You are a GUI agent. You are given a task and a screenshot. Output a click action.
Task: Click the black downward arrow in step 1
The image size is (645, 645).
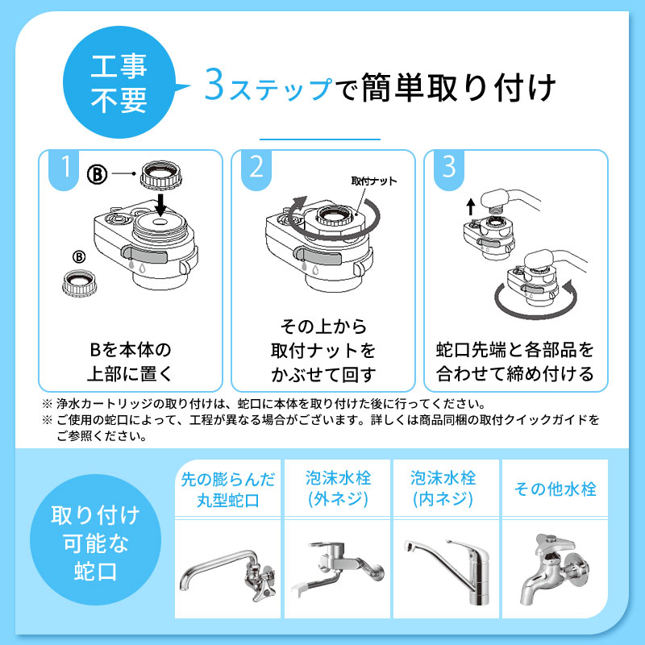coord(160,202)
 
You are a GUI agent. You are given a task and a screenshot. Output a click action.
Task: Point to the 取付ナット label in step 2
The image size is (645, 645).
coord(374,181)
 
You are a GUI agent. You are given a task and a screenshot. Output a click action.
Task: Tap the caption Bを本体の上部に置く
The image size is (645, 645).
coord(130,362)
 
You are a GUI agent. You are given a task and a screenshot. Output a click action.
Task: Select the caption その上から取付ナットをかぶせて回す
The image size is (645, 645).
coord(322,351)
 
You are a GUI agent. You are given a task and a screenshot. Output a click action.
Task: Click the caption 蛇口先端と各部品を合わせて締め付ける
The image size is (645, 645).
coord(514,362)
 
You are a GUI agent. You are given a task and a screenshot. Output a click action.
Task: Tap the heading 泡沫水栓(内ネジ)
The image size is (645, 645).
coord(443,489)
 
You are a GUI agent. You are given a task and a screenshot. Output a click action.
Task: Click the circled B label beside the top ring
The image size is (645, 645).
coord(97,173)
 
